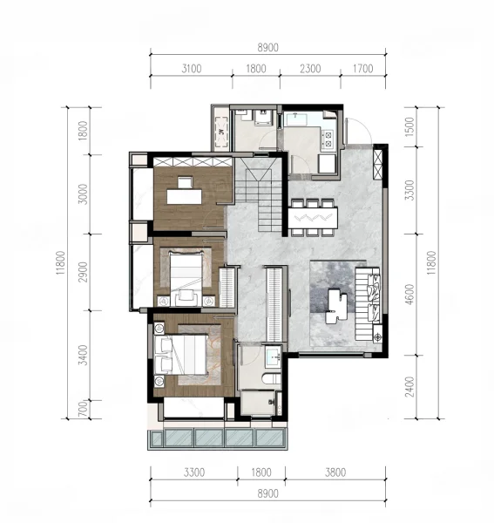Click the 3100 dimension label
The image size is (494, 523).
(192, 69)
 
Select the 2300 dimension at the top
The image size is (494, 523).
(310, 69)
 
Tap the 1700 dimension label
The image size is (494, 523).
(362, 69)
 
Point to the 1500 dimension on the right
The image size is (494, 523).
(409, 126)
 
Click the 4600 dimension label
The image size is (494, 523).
(409, 294)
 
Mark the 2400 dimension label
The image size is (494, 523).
(409, 387)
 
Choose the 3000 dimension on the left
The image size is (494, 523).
(83, 194)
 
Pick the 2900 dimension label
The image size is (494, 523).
(83, 272)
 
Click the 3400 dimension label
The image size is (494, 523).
(83, 355)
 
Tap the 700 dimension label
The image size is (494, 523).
(83, 409)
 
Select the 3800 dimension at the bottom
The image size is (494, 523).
(335, 472)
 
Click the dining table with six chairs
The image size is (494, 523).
(313, 218)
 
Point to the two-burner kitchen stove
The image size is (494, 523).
(328, 139)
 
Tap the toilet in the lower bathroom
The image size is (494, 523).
(272, 379)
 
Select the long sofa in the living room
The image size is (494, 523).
(368, 303)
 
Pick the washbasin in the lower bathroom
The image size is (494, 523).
(274, 357)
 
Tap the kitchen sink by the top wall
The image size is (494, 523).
(296, 119)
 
